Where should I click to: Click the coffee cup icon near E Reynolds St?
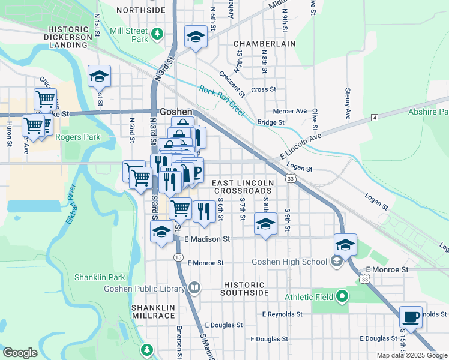click(x=411, y=317)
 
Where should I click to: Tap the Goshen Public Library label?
click(x=152, y=289)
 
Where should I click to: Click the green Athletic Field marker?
click(x=342, y=296)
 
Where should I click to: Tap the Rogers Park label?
click(x=78, y=137)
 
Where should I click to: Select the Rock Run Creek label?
click(x=222, y=99)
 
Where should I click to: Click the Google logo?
click(x=20, y=353)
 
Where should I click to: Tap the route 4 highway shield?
click(x=374, y=117)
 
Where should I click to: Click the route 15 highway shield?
click(x=178, y=257)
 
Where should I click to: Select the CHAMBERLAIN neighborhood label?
click(x=265, y=44)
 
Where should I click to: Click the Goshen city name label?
click(x=176, y=112)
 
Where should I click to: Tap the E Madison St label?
click(x=208, y=239)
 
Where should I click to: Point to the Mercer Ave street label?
click(x=289, y=111)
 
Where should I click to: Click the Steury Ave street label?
click(x=348, y=103)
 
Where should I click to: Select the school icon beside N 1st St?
click(x=100, y=77)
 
